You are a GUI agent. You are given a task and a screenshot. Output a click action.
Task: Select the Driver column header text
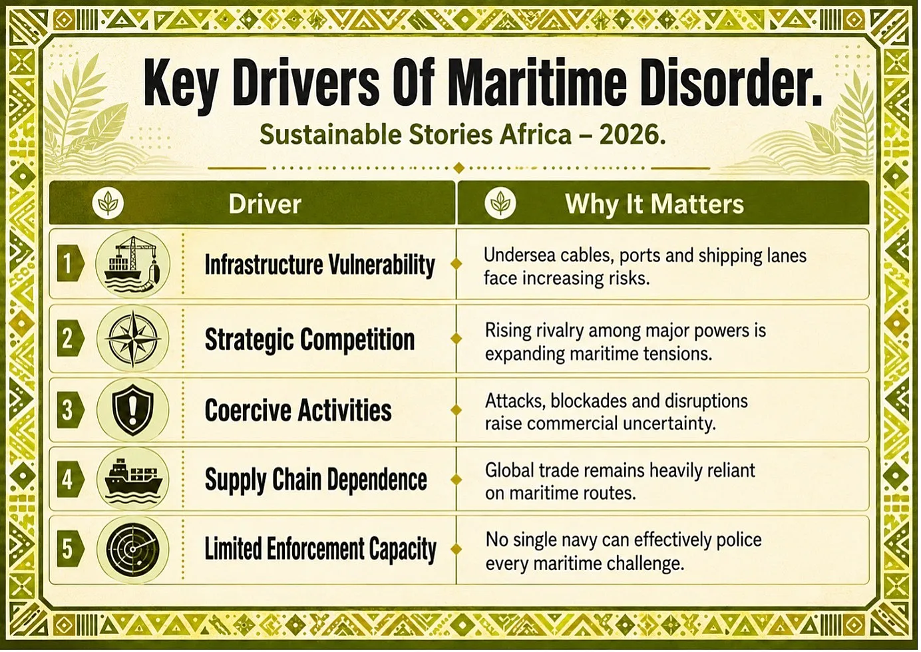click(265, 204)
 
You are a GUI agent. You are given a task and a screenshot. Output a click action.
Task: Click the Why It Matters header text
click(655, 204)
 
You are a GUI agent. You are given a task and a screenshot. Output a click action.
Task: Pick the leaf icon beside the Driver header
click(108, 204)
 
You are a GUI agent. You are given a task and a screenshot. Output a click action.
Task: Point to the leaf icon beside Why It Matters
click(500, 204)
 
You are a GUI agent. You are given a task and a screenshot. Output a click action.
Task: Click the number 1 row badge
click(71, 263)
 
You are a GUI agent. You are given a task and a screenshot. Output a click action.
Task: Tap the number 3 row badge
click(71, 410)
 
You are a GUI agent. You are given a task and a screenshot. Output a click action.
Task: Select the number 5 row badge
click(71, 550)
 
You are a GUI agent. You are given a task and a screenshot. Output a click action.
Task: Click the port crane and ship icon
click(132, 263)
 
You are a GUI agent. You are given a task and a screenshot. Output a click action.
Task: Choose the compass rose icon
click(132, 339)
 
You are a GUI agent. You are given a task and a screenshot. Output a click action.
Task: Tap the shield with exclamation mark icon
click(132, 410)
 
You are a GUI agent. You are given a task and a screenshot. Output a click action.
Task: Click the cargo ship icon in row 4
click(132, 480)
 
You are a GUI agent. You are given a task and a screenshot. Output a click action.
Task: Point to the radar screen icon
click(132, 550)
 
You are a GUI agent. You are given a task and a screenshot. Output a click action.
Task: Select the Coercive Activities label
click(298, 410)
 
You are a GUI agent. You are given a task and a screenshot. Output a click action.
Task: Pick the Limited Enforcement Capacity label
click(320, 550)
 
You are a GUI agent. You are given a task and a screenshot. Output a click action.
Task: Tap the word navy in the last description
click(575, 540)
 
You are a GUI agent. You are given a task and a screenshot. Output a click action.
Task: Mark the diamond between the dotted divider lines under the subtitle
click(459, 168)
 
